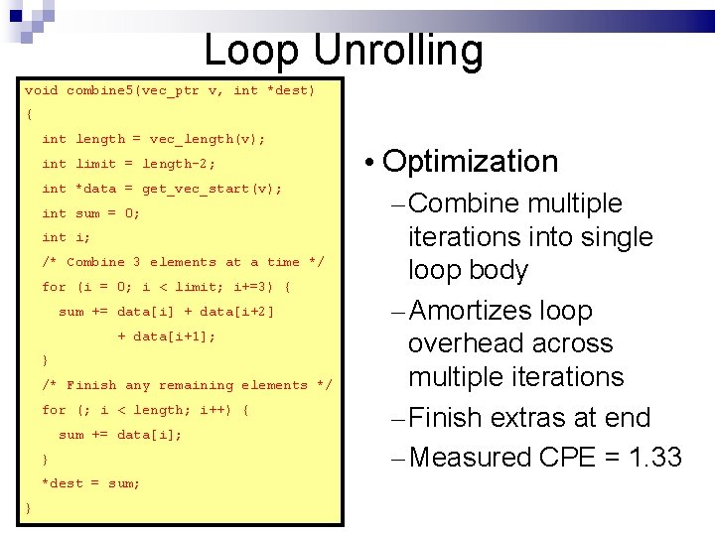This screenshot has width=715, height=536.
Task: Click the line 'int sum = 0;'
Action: pyautogui.click(x=90, y=213)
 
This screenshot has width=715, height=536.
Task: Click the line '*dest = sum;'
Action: pyautogui.click(x=90, y=483)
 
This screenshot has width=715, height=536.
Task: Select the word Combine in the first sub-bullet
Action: pyautogui.click(x=464, y=204)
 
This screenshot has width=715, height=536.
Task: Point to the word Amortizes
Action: pyautogui.click(x=472, y=312)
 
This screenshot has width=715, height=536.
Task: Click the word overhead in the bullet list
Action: pyautogui.click(x=473, y=344)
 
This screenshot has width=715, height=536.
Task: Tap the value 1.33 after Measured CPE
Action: pyautogui.click(x=650, y=458)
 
